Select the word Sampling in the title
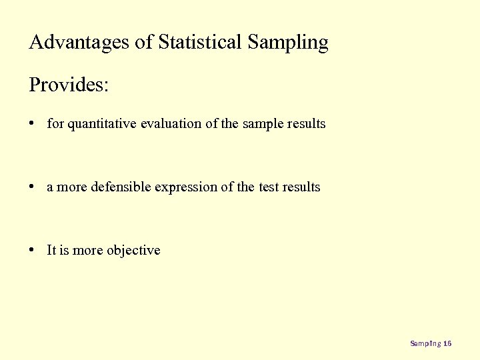click(288, 43)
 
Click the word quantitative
click(102, 124)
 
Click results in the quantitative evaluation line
click(306, 124)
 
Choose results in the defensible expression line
click(301, 187)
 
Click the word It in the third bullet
click(51, 251)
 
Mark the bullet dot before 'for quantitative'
click(33, 124)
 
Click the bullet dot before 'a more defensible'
click(33, 187)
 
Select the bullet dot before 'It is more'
click(33, 251)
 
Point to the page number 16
click(447, 344)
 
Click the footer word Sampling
click(425, 344)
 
